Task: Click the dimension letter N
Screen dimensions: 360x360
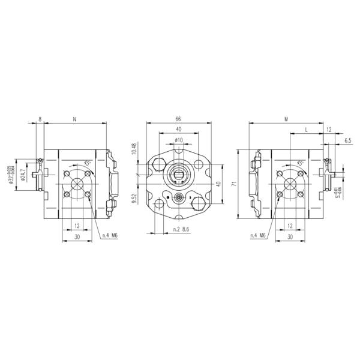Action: (x=74, y=119)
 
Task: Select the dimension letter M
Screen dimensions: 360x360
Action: (x=287, y=119)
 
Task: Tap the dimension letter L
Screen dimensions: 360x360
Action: (x=307, y=130)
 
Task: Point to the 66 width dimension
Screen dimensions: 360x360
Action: (x=178, y=119)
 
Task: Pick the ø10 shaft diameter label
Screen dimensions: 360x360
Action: (x=178, y=140)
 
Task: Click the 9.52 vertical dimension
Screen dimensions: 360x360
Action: (x=134, y=197)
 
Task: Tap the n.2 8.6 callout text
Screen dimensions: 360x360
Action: (x=181, y=230)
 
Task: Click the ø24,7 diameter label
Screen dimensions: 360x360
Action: (x=23, y=175)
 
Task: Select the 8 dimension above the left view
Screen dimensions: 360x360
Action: (x=40, y=119)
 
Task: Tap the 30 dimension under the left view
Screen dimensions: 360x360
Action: (x=76, y=237)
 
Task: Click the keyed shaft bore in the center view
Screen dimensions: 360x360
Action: (x=178, y=176)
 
